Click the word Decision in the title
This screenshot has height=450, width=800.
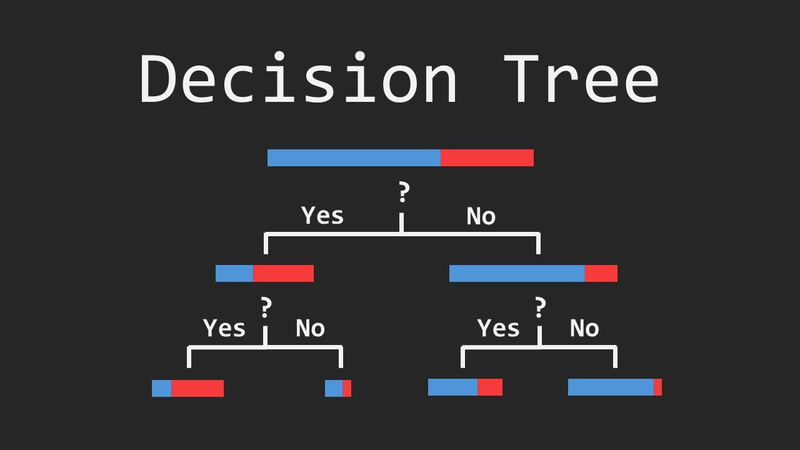tap(299, 79)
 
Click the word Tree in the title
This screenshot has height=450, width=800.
tap(581, 79)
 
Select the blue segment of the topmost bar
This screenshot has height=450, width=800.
tap(354, 157)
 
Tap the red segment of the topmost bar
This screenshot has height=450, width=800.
tap(487, 157)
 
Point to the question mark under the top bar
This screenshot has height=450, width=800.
tap(404, 193)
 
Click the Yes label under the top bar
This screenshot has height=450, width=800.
tap(322, 216)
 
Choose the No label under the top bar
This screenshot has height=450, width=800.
tap(481, 216)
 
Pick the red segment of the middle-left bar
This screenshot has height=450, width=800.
tap(283, 273)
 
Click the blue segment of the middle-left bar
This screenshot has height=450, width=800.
tap(234, 273)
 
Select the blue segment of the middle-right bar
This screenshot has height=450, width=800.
tap(517, 273)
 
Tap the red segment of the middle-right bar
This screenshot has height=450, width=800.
tap(601, 273)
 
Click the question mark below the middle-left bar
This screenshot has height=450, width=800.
tap(266, 307)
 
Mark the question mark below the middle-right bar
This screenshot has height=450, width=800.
tap(540, 307)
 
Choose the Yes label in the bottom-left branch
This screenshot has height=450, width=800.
tap(224, 328)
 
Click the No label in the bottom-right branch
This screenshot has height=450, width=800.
tap(584, 328)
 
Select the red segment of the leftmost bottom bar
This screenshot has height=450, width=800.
tap(197, 388)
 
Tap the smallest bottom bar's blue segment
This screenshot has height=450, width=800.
tap(334, 388)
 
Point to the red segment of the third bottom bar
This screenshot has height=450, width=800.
tap(490, 387)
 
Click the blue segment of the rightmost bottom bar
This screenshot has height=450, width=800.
tap(611, 387)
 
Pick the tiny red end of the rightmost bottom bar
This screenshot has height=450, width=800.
tap(657, 387)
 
